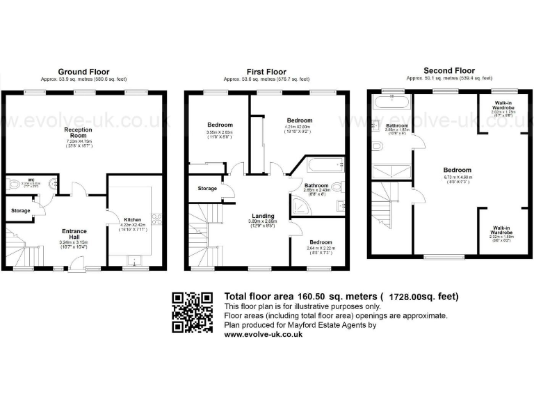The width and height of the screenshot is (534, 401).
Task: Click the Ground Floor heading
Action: click(x=83, y=72)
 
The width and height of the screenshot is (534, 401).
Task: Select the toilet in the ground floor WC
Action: click(x=15, y=185)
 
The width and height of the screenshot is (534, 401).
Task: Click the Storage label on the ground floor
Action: click(x=20, y=210)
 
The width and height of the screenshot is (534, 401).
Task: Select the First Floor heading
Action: click(x=266, y=72)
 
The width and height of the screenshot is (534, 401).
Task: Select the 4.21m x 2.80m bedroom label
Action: click(x=300, y=120)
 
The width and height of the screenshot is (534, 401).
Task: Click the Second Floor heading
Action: click(x=449, y=70)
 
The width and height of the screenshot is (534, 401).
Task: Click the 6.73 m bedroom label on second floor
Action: click(x=458, y=170)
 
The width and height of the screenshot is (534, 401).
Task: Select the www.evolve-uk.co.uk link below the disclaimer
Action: click(x=263, y=334)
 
